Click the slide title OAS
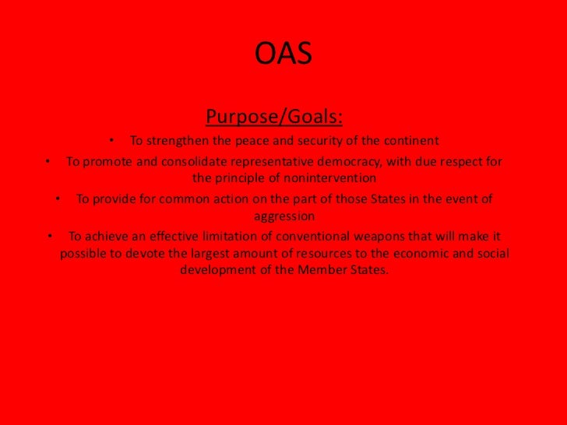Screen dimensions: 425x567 pos(283,54)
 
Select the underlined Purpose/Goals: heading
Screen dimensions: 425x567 pos(274,118)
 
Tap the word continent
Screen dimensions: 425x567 pos(410,142)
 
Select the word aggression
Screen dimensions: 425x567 pos(283,215)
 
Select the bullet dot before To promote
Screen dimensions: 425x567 pos(48,162)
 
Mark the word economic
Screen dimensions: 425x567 pos(431,255)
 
